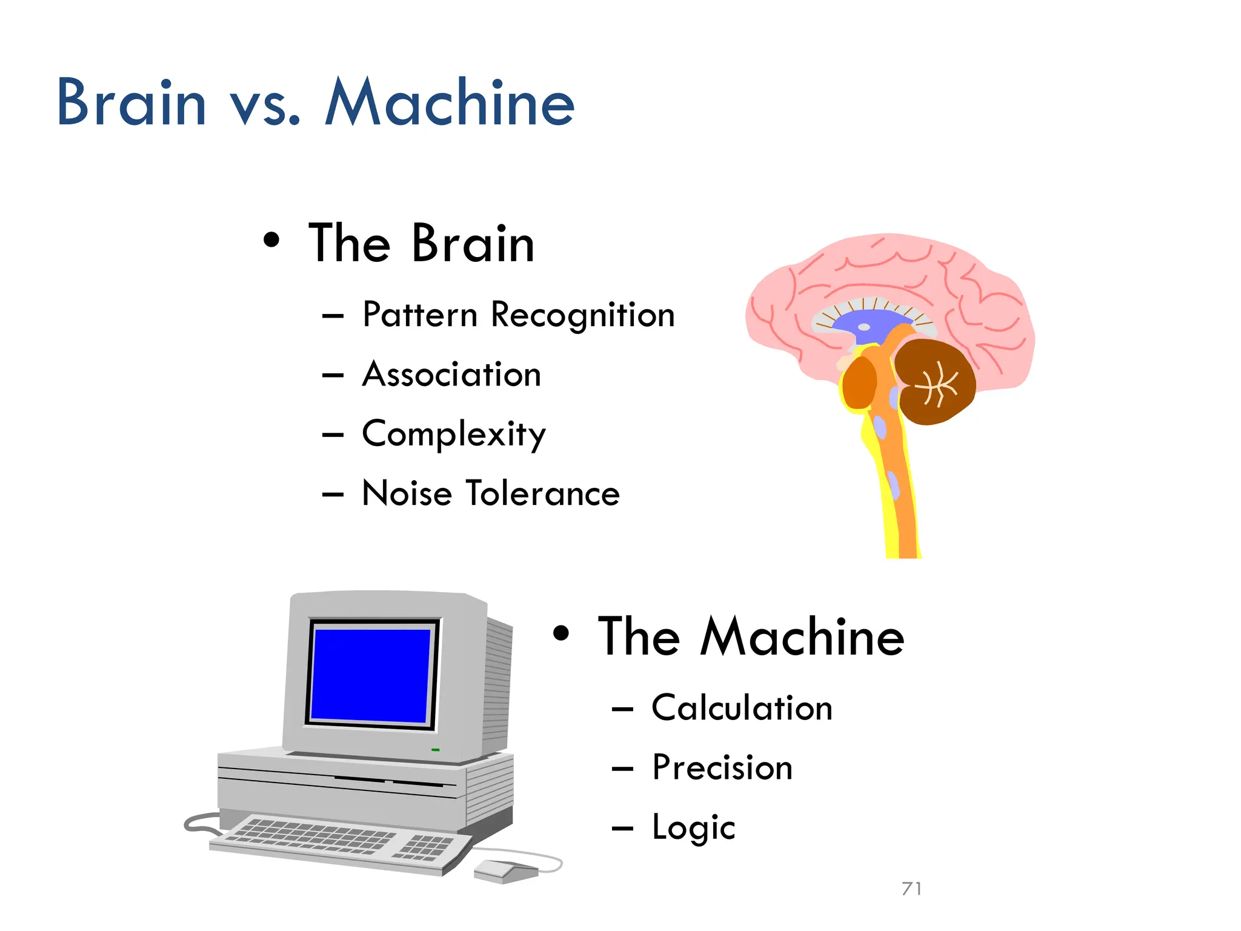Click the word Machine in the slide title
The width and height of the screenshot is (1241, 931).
[x=450, y=103]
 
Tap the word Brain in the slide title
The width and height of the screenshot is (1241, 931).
[x=131, y=103]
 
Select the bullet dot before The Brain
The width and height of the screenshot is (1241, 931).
[x=272, y=240]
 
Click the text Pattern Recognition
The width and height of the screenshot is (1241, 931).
[x=518, y=315]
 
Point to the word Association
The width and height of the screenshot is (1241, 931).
[x=451, y=375]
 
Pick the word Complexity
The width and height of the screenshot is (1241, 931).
[x=454, y=434]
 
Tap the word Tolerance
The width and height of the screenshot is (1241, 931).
[x=542, y=493]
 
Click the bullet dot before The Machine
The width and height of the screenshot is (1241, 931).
[x=562, y=633]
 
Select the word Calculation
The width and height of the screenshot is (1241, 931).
[x=742, y=708]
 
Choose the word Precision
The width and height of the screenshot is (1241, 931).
[x=722, y=767]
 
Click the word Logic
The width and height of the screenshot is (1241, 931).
[x=693, y=828]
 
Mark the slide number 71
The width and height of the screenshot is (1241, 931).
[x=911, y=889]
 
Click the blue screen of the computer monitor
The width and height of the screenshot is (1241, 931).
[x=371, y=675]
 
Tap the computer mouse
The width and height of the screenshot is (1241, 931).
[x=505, y=870]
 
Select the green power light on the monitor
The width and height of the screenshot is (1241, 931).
[x=435, y=750]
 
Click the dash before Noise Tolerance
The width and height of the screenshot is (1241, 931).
[x=333, y=495]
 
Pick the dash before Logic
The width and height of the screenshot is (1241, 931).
[x=622, y=828]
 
